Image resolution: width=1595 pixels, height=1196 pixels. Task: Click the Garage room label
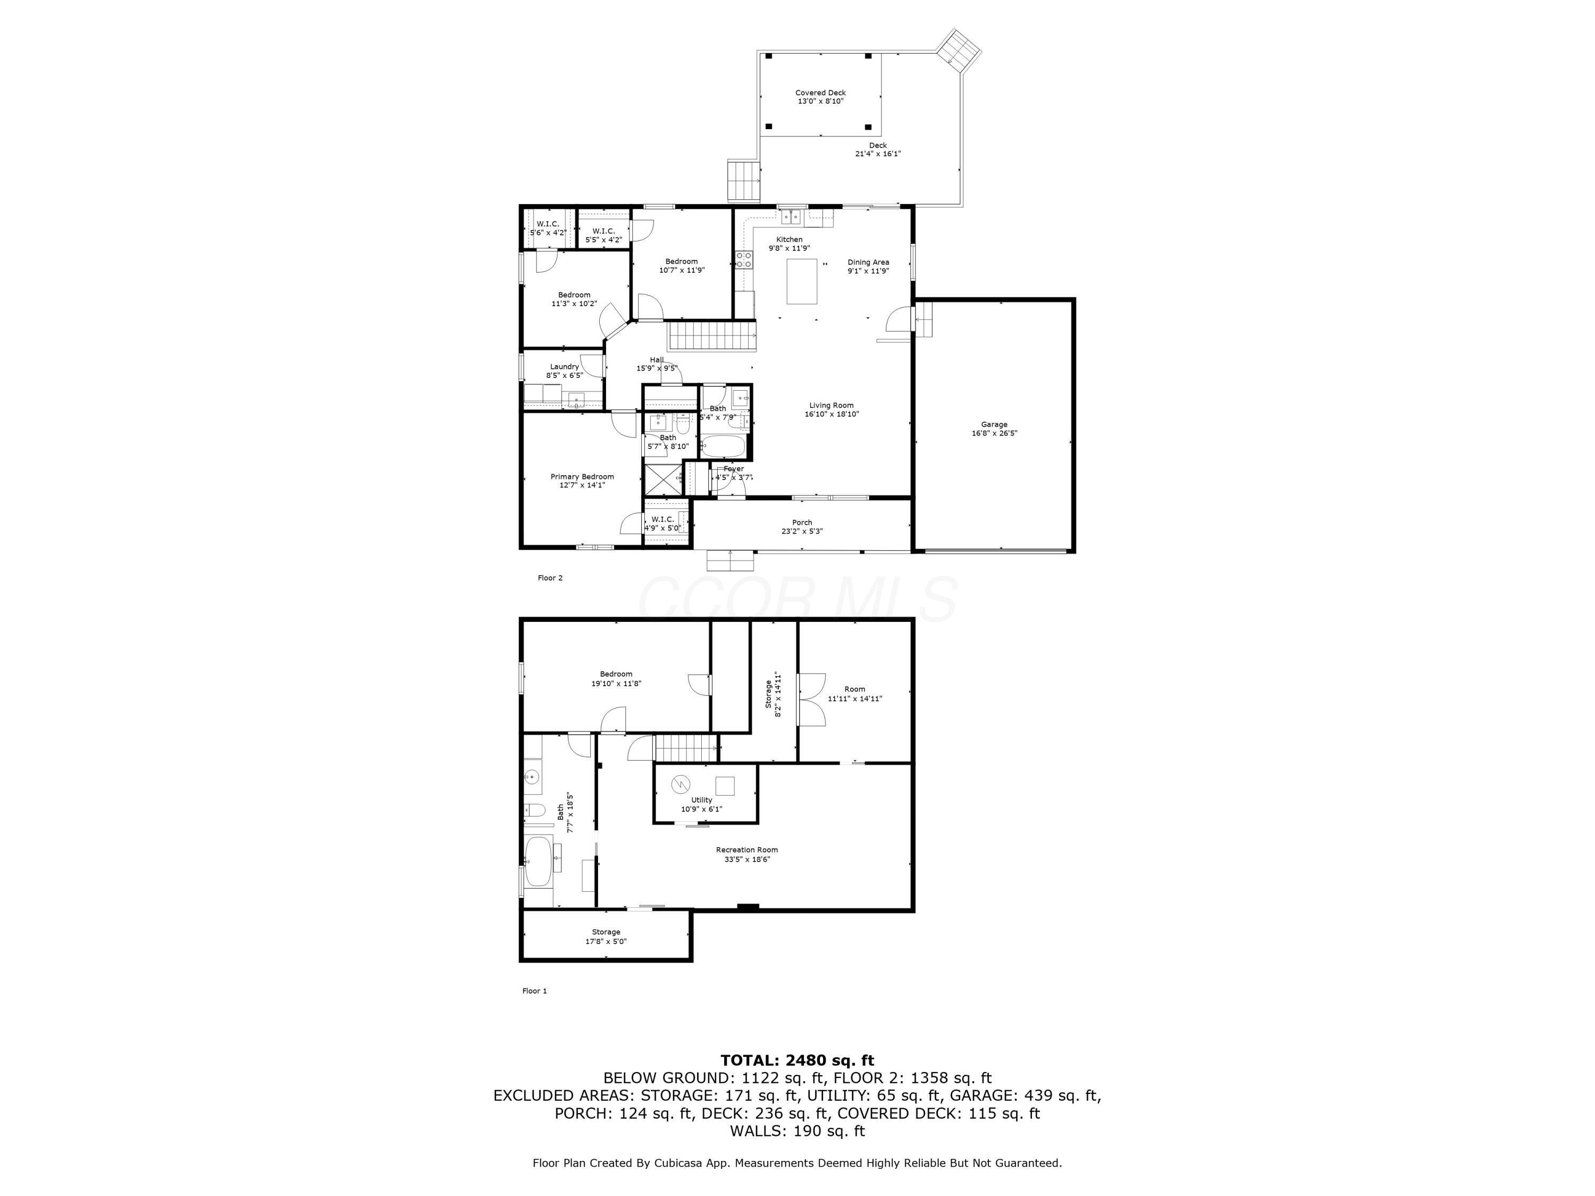994,425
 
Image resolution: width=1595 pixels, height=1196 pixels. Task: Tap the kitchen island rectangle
801,281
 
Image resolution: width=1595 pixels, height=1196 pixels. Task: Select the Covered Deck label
820,93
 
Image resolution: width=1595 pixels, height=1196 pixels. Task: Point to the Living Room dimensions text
832,415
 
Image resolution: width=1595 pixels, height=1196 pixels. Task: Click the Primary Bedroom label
582,476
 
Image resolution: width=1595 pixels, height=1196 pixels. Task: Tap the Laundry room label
564,367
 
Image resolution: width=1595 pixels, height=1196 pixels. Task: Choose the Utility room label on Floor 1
701,800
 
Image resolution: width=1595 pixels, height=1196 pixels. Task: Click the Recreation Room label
746,850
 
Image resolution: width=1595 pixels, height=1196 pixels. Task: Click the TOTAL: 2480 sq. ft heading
797,1060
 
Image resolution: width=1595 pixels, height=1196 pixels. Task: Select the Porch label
802,523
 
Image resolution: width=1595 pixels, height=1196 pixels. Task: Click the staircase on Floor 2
711,336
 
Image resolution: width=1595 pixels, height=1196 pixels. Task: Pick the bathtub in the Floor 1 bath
538,862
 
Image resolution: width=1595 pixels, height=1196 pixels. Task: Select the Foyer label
733,469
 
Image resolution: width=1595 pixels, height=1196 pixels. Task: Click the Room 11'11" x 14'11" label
854,689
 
